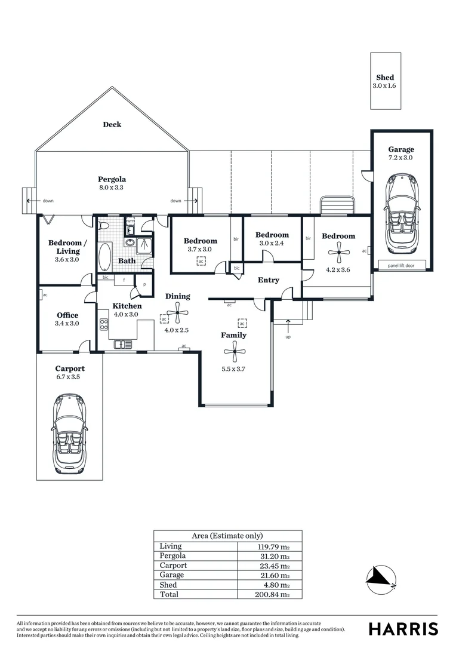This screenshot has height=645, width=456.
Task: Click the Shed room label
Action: click(x=385, y=78)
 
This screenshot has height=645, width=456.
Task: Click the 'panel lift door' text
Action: click(x=402, y=265)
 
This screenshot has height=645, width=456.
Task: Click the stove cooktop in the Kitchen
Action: click(x=104, y=325)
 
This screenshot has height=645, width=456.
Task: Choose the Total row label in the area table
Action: click(x=168, y=595)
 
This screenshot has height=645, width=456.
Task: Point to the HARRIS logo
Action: click(x=403, y=628)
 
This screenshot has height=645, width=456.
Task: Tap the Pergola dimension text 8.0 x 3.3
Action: click(x=112, y=188)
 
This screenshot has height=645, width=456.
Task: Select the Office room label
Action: click(x=67, y=315)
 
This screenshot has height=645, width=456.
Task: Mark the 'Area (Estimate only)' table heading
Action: click(x=227, y=536)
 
